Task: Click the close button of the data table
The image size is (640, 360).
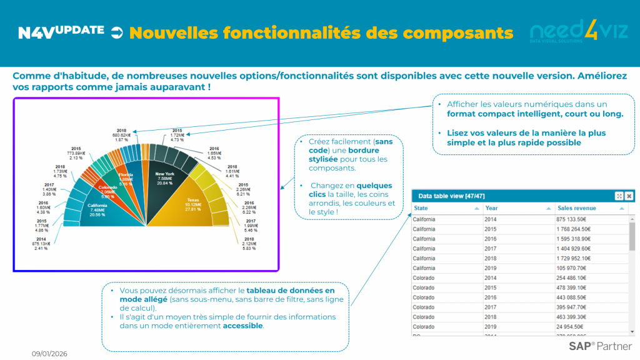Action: coord(629,196)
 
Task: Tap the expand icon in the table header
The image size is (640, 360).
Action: coord(619,196)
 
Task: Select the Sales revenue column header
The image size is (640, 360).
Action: coord(577,208)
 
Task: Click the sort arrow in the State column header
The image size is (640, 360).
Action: coord(477,208)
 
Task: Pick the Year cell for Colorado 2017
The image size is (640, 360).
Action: coord(492,307)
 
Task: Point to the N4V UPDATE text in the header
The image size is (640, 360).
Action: coord(61,32)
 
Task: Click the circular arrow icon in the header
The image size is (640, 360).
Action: coord(117,32)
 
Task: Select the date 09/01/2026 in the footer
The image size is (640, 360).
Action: coord(49,354)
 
